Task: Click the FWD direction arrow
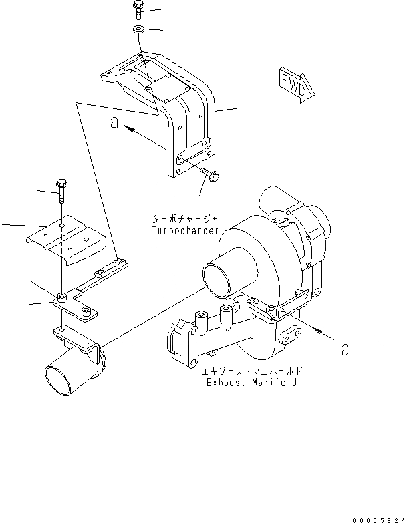293,83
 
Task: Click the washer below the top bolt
139,29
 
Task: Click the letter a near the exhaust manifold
344,349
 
